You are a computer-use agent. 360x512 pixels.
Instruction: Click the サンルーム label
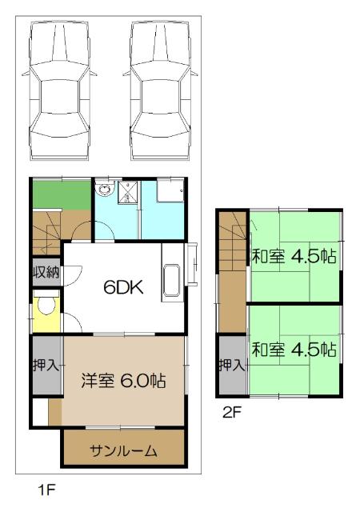[123, 450]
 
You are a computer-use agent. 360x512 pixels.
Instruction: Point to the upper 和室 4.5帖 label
[294, 258]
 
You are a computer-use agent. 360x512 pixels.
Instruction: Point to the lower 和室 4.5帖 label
[294, 350]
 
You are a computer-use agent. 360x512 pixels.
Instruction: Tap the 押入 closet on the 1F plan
[45, 366]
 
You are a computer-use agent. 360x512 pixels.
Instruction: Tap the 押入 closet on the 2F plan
[232, 366]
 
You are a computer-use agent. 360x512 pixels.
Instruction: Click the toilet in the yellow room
[46, 308]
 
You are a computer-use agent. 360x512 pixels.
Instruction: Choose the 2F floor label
[232, 414]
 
